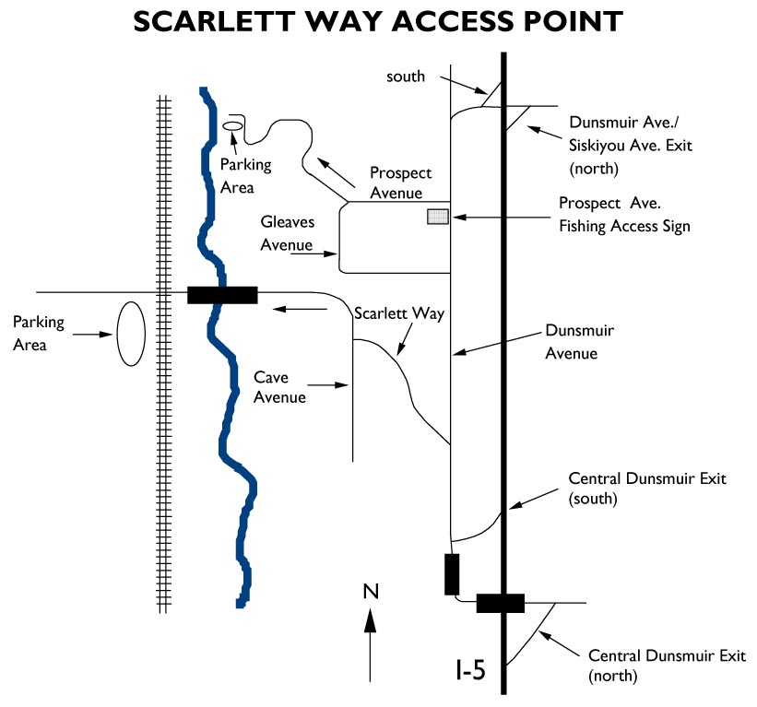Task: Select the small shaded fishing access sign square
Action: click(437, 217)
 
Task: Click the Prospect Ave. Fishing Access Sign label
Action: click(624, 214)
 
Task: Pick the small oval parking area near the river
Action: click(232, 125)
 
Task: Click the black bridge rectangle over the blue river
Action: click(222, 294)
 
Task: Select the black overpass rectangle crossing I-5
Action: click(500, 603)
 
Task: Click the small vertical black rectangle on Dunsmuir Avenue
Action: click(451, 574)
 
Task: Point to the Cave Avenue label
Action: click(280, 387)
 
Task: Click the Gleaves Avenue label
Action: click(289, 234)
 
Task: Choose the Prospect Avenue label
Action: click(400, 183)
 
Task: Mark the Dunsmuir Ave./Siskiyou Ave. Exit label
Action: click(630, 145)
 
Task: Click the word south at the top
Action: click(406, 77)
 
